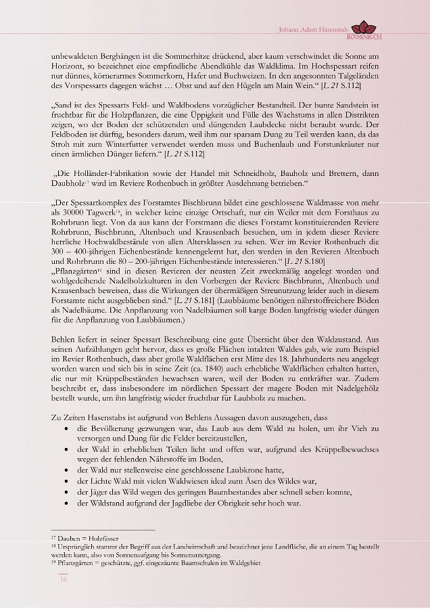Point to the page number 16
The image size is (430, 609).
pos(63,579)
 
